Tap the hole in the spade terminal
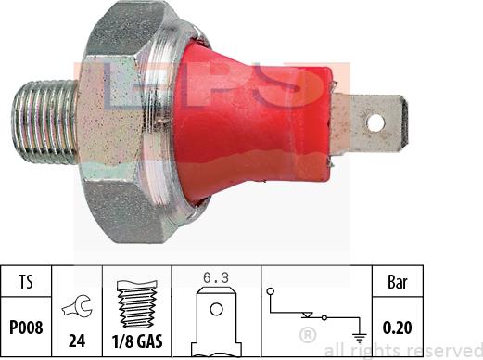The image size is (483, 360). [x=375, y=120]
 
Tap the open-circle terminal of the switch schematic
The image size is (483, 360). [x=271, y=290]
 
